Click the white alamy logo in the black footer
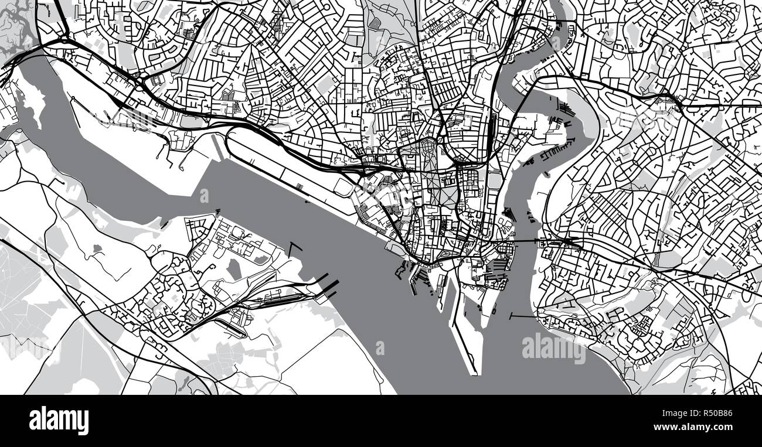(59, 421)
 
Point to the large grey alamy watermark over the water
(553, 349)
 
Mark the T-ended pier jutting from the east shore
(522, 316)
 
